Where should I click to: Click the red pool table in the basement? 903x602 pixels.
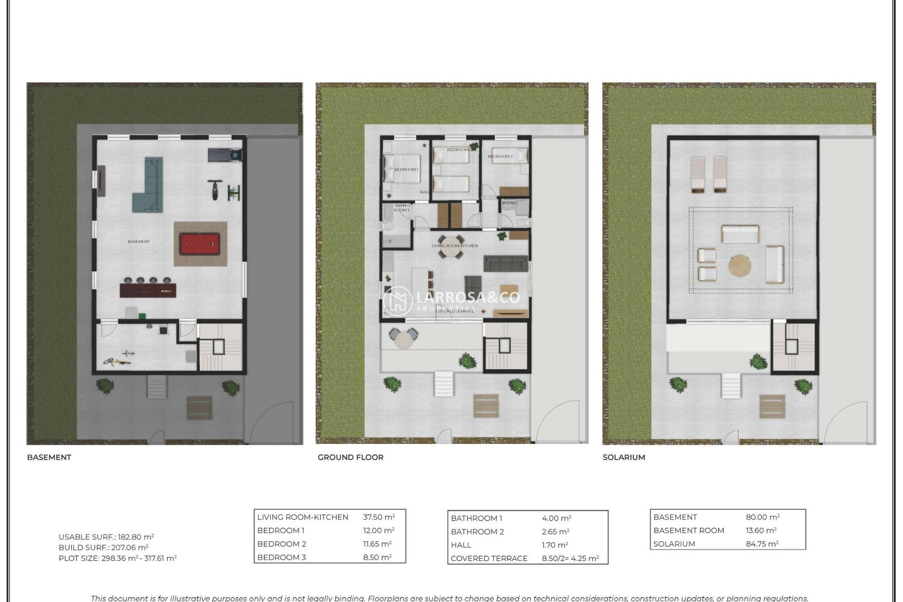coord(200,244)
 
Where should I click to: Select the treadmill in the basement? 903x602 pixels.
coord(225,154)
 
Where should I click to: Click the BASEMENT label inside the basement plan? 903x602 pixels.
coord(139,242)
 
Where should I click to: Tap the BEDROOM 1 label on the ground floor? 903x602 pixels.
coord(406,169)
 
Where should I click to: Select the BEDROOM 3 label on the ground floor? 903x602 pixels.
coord(500,157)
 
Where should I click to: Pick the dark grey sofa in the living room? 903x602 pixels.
coord(506,264)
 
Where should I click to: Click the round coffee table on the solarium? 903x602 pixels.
coord(740,266)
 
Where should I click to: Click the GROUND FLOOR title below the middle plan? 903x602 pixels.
coord(350,457)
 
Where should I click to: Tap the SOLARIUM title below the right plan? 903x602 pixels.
coord(624,457)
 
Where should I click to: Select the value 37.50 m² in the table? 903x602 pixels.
coord(379,517)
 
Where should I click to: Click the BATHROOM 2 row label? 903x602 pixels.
coord(477,531)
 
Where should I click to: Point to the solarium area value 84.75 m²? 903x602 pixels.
coord(762,544)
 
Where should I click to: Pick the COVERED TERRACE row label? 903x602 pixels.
coord(489,558)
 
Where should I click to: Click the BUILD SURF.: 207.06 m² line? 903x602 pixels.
coord(103,547)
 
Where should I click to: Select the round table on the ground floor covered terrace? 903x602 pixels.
coord(404,339)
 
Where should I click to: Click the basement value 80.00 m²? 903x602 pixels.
coord(762,517)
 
